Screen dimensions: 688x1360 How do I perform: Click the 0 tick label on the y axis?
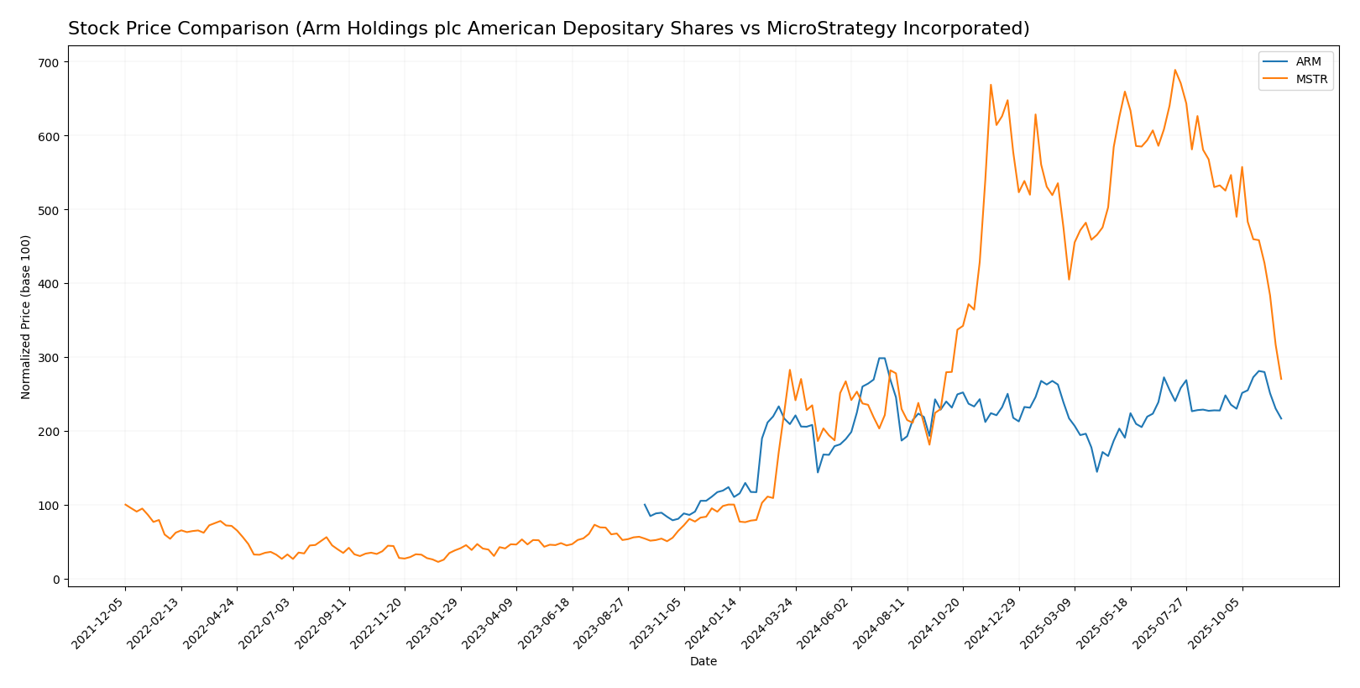[x=55, y=580]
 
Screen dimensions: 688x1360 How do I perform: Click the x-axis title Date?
[x=704, y=662]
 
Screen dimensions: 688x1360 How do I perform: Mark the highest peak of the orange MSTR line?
[x=1174, y=70]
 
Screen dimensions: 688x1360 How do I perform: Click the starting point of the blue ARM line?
[x=645, y=505]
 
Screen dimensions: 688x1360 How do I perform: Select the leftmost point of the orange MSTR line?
[x=125, y=505]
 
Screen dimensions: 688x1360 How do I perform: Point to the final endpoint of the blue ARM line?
[x=1281, y=418]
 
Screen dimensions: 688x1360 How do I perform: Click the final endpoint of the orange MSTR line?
[x=1281, y=379]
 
